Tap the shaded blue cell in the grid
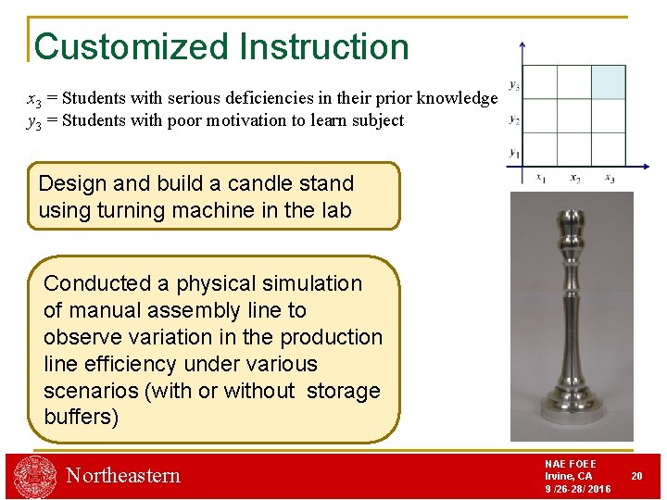(609, 81)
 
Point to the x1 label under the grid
(541, 177)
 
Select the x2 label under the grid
(575, 177)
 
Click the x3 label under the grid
(609, 177)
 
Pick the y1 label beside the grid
(514, 153)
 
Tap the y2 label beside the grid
(514, 119)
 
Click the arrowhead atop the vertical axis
(523, 45)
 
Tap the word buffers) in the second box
(82, 417)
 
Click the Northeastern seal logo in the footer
(34, 477)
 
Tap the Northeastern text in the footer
(123, 476)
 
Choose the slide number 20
(636, 475)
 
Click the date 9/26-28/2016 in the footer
(577, 489)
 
